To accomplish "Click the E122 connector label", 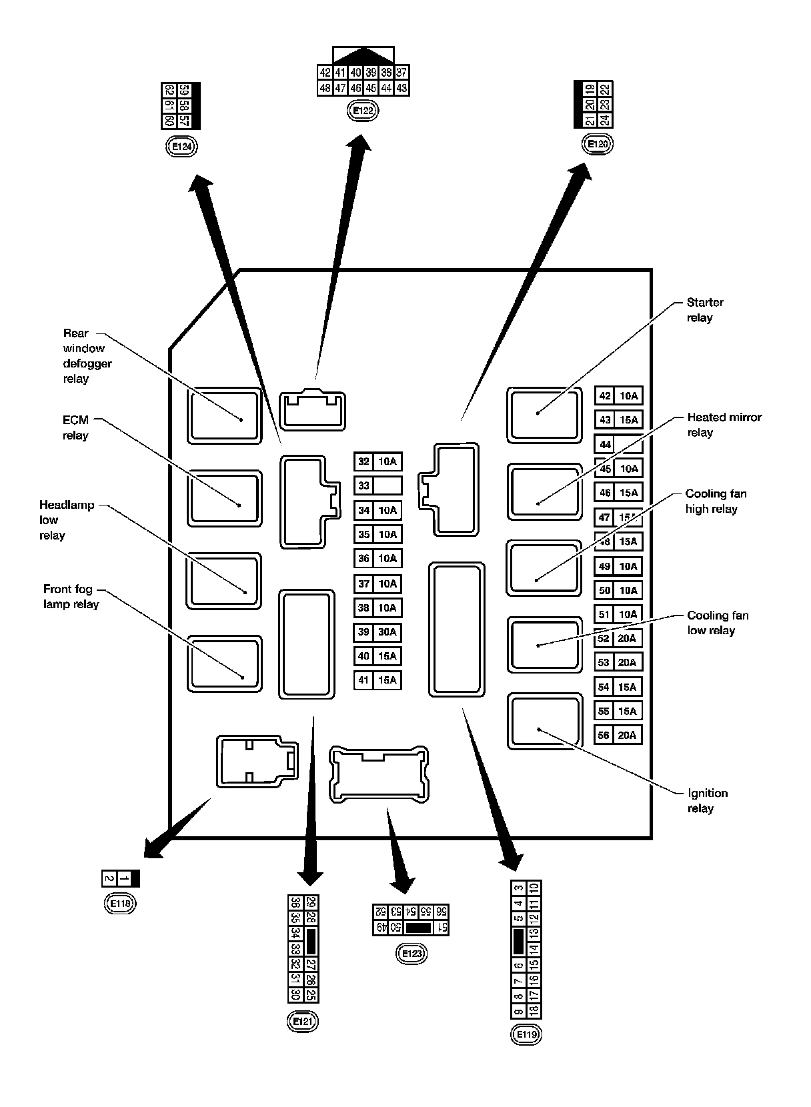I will (363, 111).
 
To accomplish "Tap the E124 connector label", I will (181, 147).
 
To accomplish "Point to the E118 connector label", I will (120, 904).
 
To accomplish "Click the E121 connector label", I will (301, 1022).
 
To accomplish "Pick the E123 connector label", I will (412, 954).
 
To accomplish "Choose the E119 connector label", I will (526, 1035).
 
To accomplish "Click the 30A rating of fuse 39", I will (387, 632).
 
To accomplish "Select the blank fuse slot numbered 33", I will (377, 485).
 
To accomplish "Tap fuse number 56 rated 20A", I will (618, 736).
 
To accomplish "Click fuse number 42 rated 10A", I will (618, 395).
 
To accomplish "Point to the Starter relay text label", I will (704, 310).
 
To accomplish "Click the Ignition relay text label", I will (707, 801).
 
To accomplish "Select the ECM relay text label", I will (75, 427).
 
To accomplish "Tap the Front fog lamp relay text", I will (71, 597).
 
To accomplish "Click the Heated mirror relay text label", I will (724, 425).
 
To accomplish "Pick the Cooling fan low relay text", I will (717, 623).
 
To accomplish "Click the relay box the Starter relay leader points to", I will (544, 414).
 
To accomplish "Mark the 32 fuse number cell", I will (363, 461).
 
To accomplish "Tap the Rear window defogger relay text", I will (87, 355).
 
